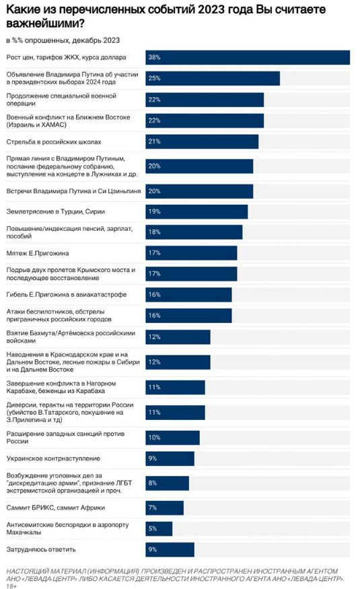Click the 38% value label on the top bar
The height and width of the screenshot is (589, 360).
click(x=154, y=57)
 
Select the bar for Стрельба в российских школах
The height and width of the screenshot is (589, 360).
click(x=202, y=141)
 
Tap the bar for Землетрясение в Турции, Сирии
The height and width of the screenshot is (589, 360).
click(x=196, y=211)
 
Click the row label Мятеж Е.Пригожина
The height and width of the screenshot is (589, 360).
click(x=38, y=253)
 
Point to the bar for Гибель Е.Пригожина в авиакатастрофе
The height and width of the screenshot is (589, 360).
click(x=188, y=295)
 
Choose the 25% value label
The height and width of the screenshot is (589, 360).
click(x=154, y=78)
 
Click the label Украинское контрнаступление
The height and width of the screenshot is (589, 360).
click(x=53, y=458)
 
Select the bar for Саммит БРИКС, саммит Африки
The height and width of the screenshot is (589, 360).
click(x=164, y=508)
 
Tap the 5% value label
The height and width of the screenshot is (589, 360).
click(x=152, y=528)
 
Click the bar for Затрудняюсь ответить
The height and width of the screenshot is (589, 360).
click(x=170, y=549)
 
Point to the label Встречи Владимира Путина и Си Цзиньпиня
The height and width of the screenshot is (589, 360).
click(x=73, y=191)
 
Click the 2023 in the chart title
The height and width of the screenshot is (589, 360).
click(x=211, y=9)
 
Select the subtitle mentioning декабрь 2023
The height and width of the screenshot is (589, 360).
click(x=63, y=40)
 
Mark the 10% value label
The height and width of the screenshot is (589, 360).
click(x=154, y=438)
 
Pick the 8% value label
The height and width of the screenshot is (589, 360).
click(x=152, y=483)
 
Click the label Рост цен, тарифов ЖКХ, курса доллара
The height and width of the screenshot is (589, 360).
click(x=67, y=57)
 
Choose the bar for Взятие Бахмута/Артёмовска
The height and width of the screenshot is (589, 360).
click(x=178, y=337)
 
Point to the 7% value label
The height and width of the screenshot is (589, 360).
click(x=152, y=508)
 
